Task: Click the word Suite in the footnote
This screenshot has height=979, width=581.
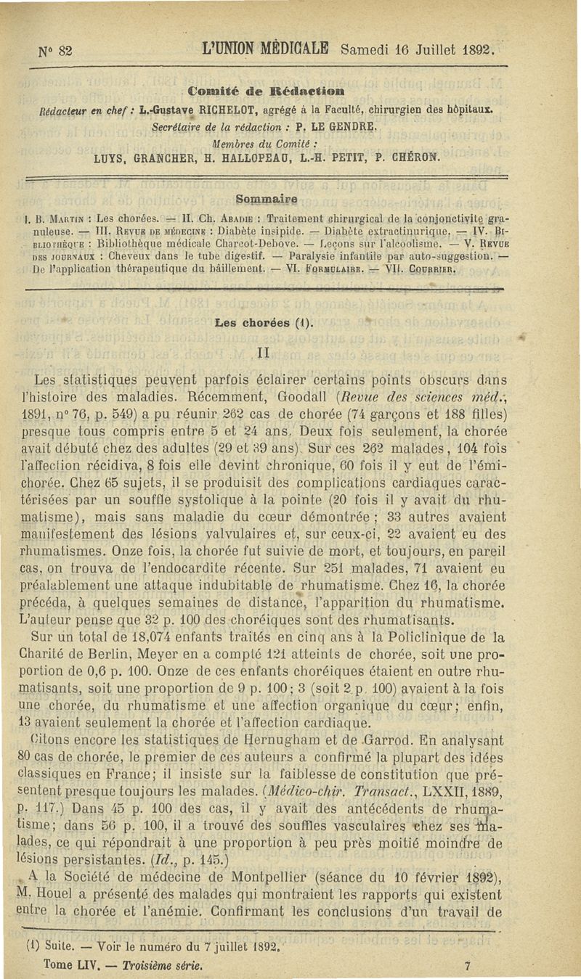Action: click(56, 947)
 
